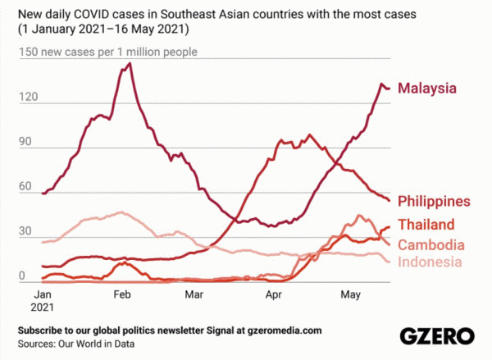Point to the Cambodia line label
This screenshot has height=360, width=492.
pyautogui.click(x=431, y=244)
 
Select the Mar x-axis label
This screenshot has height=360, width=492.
pyautogui.click(x=194, y=294)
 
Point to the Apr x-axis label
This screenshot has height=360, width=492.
pyautogui.click(x=274, y=294)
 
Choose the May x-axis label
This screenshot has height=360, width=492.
pyautogui.click(x=351, y=294)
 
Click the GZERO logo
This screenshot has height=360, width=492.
pyautogui.click(x=437, y=335)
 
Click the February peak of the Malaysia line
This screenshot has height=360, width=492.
pyautogui.click(x=130, y=63)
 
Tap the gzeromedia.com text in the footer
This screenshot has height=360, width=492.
pyautogui.click(x=277, y=330)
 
